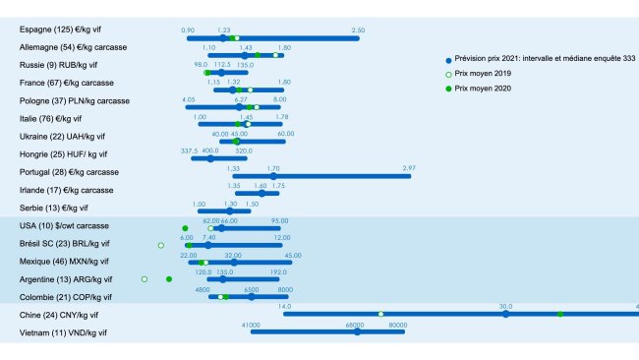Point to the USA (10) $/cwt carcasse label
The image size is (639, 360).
coord(64,226)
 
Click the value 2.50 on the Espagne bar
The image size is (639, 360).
coord(358,30)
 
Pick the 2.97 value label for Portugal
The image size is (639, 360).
coord(409,168)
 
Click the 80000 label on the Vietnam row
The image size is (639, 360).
coord(397,324)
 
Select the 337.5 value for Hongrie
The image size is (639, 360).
coord(191,150)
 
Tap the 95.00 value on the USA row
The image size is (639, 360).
coord(280,221)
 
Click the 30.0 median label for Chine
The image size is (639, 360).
coord(505,306)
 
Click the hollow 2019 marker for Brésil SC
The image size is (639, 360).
coord(160,244)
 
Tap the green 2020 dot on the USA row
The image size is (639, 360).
coord(185,228)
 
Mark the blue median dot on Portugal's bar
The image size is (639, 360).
coord(273,176)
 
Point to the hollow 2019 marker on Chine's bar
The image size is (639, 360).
coord(380,314)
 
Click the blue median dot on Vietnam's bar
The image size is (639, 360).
coord(357,331)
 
